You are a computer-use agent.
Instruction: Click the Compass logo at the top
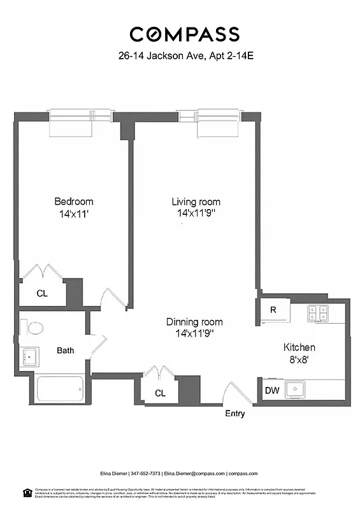pyautogui.click(x=184, y=34)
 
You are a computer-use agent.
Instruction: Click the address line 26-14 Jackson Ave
pyautogui.click(x=184, y=56)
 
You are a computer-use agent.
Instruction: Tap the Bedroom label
pyautogui.click(x=73, y=201)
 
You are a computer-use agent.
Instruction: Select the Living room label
pyautogui.click(x=196, y=201)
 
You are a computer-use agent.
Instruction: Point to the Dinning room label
pyautogui.click(x=194, y=322)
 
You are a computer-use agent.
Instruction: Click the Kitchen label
pyautogui.click(x=299, y=347)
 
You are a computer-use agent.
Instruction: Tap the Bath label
pyautogui.click(x=66, y=350)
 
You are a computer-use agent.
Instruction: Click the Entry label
pyautogui.click(x=235, y=414)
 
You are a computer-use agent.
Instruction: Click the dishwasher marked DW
pyautogui.click(x=271, y=390)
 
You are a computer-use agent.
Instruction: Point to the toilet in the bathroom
pyautogui.click(x=33, y=328)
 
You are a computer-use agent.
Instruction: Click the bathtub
pyautogui.click(x=60, y=388)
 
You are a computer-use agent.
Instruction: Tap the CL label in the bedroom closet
pyautogui.click(x=41, y=294)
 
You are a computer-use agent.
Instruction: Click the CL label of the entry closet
pyautogui.click(x=160, y=393)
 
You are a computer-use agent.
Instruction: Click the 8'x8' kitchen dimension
pyautogui.click(x=299, y=360)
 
